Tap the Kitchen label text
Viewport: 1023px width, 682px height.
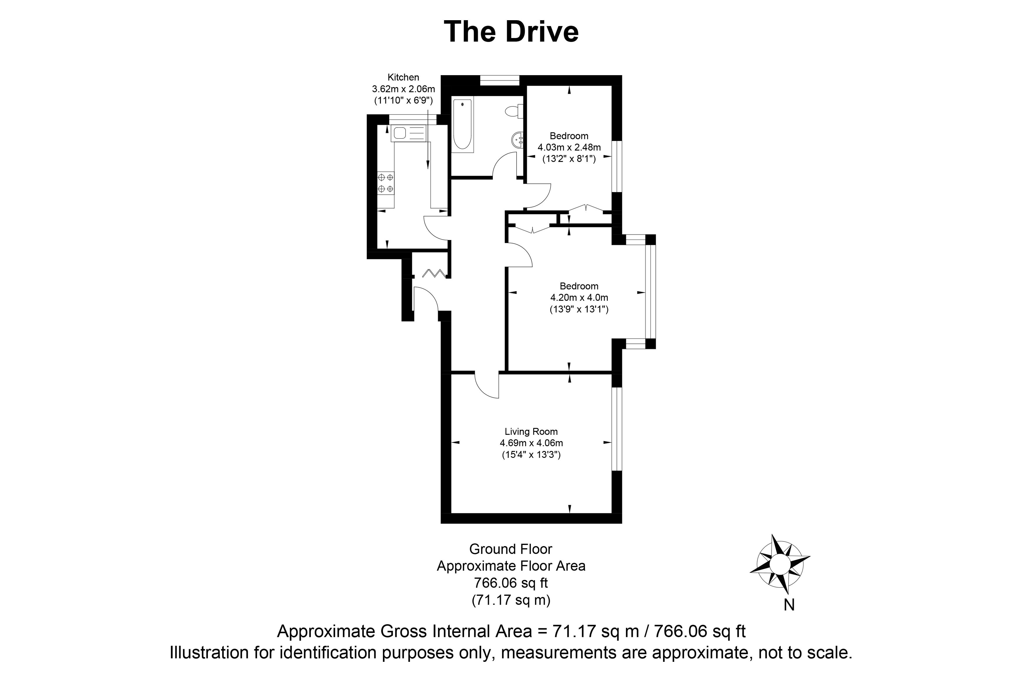tap(403, 77)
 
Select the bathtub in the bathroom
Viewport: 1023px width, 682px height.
tap(462, 125)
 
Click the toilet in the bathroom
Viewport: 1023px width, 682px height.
tap(514, 111)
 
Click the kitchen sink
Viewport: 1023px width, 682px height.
tap(409, 133)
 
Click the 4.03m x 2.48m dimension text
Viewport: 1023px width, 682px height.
tap(569, 147)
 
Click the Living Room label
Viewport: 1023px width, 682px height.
tap(531, 431)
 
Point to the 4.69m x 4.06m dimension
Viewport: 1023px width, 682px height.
tap(531, 443)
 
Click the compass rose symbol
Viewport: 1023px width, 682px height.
tap(780, 564)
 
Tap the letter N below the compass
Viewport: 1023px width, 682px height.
tap(789, 605)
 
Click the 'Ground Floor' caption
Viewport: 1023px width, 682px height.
tap(511, 549)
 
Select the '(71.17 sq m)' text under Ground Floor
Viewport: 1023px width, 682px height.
tap(511, 600)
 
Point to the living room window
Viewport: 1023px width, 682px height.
tap(617, 429)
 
